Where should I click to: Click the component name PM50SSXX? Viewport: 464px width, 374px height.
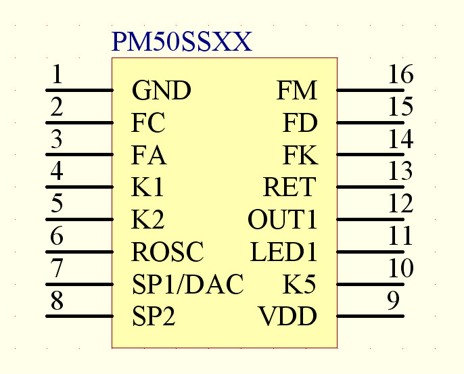pyautogui.click(x=181, y=43)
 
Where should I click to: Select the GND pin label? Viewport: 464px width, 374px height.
pyautogui.click(x=161, y=90)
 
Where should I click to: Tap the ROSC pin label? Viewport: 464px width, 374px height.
pyautogui.click(x=168, y=252)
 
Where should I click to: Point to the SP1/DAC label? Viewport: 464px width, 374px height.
pyautogui.click(x=187, y=285)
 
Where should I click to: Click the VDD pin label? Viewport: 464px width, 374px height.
pyautogui.click(x=287, y=317)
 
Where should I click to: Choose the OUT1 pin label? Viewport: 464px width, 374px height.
pyautogui.click(x=282, y=220)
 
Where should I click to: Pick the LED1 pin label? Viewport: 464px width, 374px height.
pyautogui.click(x=283, y=252)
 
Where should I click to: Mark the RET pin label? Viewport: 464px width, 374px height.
pyautogui.click(x=289, y=187)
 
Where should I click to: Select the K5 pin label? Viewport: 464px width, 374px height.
pyautogui.click(x=299, y=285)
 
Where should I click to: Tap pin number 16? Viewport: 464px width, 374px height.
pyautogui.click(x=400, y=75)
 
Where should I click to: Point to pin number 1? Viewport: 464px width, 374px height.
pyautogui.click(x=57, y=74)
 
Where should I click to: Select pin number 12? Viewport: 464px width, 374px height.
pyautogui.click(x=400, y=204)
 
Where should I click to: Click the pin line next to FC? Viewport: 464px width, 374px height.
pyautogui.click(x=79, y=122)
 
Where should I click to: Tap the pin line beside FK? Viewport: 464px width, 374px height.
pyautogui.click(x=370, y=155)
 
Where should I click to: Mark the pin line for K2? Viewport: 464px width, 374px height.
pyautogui.click(x=79, y=220)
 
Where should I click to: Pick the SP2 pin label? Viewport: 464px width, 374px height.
pyautogui.click(x=154, y=317)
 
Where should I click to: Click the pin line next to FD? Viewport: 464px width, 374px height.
pyautogui.click(x=370, y=122)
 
